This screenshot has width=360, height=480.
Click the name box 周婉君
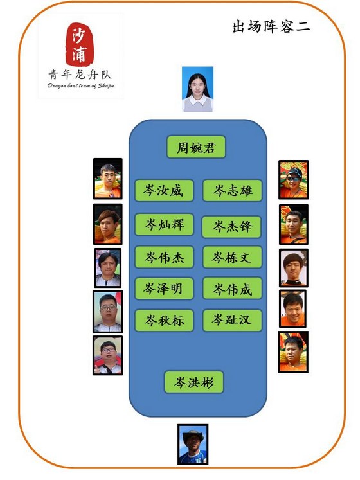196,147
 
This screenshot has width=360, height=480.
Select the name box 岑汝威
164,190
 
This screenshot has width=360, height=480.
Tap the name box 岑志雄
232,190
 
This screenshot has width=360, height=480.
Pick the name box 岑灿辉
164,224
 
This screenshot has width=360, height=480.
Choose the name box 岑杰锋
231,227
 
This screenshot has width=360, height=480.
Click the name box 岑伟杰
164,257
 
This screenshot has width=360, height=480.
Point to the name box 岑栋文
232,257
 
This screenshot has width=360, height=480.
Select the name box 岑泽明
164,289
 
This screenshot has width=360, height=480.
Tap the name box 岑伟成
232,289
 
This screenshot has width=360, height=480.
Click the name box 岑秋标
164,321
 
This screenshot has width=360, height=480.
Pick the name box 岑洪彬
194,382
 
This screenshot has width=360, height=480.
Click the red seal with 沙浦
80,44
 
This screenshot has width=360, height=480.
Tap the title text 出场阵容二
271,26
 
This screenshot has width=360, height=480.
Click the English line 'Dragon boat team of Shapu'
81,85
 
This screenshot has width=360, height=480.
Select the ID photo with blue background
197,89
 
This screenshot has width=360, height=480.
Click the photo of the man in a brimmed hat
193,444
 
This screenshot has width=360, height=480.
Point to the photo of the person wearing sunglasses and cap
294,179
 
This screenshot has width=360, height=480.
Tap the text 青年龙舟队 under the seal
80,75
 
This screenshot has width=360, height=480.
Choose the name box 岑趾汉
232,320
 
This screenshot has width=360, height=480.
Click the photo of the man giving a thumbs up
108,355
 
